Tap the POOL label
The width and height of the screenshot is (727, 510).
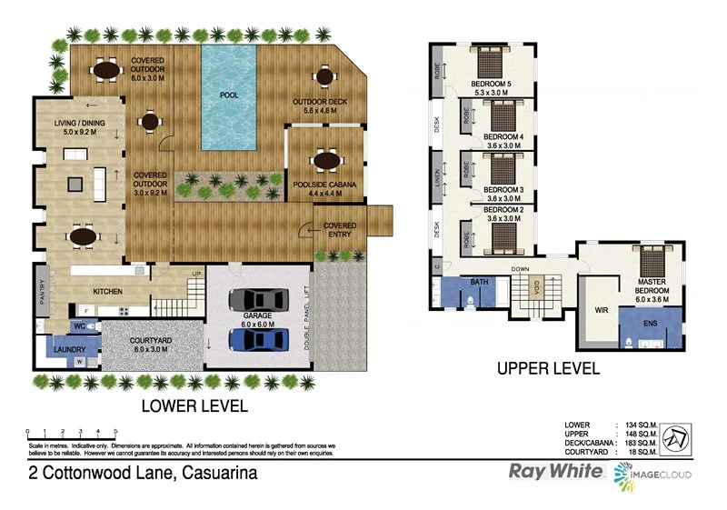point(228,94)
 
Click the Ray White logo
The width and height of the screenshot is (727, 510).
point(554,472)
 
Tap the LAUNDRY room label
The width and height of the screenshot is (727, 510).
point(69,349)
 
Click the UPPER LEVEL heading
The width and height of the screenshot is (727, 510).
point(547,368)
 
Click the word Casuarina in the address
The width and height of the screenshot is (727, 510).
point(219,473)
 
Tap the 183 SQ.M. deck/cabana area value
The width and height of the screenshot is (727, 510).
point(640,443)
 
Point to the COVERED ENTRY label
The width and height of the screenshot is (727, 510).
point(340,230)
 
